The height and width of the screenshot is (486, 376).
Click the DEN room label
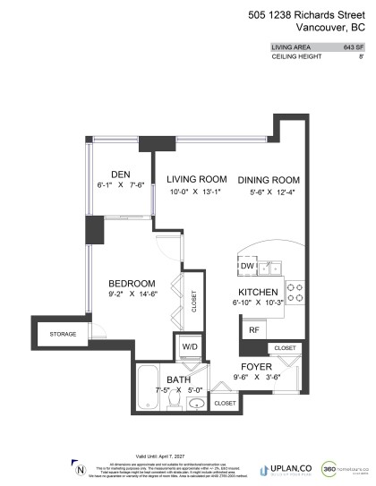[121, 174]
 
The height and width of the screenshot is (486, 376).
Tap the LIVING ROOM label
[196, 179]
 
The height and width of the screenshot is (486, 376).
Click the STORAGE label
[64, 335]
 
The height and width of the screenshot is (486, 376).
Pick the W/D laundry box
[191, 346]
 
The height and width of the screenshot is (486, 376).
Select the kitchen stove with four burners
[296, 292]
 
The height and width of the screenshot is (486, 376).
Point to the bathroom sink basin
[197, 404]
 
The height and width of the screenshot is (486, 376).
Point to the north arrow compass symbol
[81, 469]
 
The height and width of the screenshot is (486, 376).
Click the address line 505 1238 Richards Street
[311, 13]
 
